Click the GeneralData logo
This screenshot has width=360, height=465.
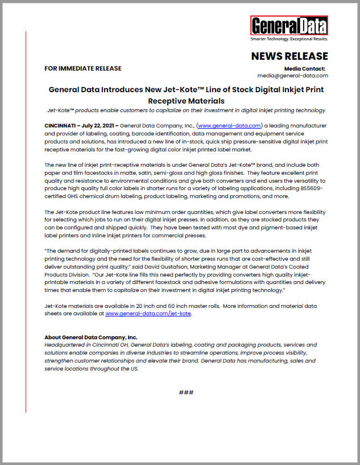(x=289, y=26)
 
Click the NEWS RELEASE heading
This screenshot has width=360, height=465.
(x=289, y=56)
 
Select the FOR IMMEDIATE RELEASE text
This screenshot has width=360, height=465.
(x=83, y=68)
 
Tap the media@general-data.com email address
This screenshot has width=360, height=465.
(x=292, y=75)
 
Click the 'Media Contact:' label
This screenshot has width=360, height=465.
(x=308, y=68)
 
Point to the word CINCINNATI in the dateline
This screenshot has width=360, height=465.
(x=61, y=125)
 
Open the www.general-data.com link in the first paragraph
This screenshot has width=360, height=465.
(x=229, y=125)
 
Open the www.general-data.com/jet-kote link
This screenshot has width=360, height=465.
(x=148, y=313)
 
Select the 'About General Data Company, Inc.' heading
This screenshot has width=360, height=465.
(x=90, y=338)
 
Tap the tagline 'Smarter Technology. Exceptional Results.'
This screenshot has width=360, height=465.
(x=289, y=39)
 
